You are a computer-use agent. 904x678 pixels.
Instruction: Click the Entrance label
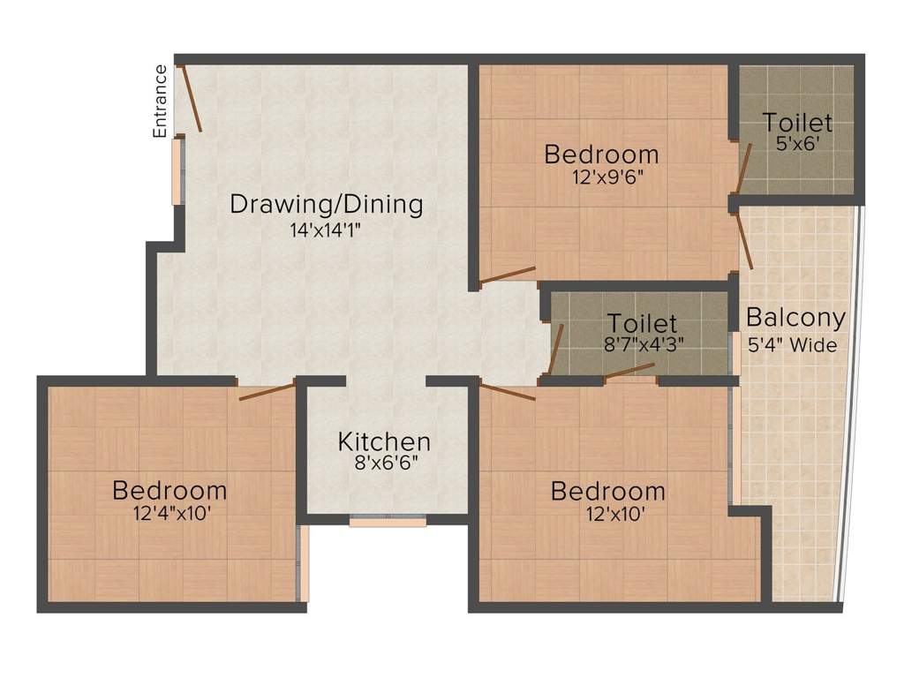click(x=160, y=102)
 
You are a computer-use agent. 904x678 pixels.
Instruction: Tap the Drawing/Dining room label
click(x=327, y=204)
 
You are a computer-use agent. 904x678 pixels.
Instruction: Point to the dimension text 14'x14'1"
click(x=325, y=230)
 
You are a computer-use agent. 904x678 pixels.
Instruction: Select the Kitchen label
click(x=384, y=441)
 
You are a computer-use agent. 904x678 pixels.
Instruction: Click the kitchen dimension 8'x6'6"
click(x=387, y=463)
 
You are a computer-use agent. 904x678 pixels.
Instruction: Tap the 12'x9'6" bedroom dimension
click(x=607, y=177)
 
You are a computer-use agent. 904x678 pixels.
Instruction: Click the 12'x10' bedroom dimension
click(x=615, y=513)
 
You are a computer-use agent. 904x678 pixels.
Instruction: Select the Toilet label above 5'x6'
click(x=797, y=122)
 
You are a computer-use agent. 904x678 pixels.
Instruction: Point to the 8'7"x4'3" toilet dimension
click(x=644, y=344)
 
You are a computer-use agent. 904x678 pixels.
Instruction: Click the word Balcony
click(x=795, y=318)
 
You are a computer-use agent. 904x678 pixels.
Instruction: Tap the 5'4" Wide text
click(x=792, y=345)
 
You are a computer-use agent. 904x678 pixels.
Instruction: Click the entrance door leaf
click(x=190, y=98)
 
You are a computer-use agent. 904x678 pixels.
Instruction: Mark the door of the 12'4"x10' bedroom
click(x=267, y=390)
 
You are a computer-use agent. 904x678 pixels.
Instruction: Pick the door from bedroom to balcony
click(x=744, y=241)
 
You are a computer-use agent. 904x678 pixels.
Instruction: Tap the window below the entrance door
click(x=177, y=171)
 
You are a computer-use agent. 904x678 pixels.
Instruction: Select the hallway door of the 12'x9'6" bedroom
click(x=508, y=275)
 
